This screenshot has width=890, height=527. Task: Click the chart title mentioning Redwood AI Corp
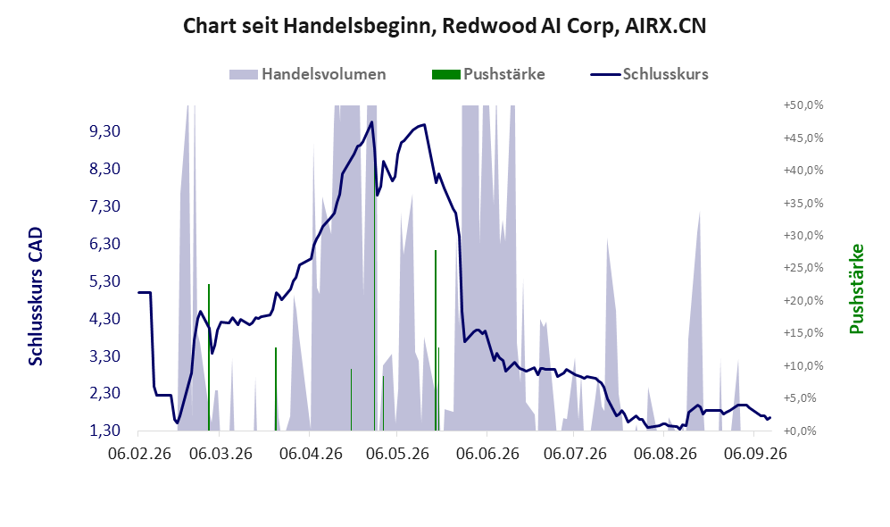point(445,26)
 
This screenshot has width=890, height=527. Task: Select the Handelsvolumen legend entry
point(308,74)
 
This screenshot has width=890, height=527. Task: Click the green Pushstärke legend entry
point(488,74)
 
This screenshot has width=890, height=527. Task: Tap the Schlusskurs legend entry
point(649,74)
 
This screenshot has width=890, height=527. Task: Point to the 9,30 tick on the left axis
point(105,131)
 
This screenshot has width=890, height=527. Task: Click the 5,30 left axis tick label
point(105,281)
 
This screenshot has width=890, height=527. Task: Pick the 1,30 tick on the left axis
point(105,431)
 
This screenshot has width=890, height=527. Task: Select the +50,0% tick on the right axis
point(803,105)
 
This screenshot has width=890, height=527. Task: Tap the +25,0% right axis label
point(803,268)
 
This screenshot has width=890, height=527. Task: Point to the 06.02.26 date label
point(139,455)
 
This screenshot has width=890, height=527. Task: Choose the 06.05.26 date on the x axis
point(397,455)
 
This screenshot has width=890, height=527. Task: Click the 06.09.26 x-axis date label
point(755,455)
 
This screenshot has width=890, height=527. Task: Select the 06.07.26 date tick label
point(575,455)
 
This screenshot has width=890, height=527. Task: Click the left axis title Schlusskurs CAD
point(36,297)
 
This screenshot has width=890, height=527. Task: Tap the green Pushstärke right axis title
point(856,289)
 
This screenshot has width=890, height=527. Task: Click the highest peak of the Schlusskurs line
point(371,121)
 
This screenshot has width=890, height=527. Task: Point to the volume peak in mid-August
point(699,212)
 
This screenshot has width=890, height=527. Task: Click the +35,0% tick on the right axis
point(803,204)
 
